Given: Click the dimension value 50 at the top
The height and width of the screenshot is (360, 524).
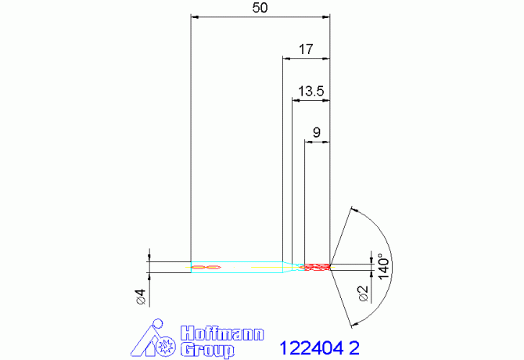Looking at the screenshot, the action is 260,8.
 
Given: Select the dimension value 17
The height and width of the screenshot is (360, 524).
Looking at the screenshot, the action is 306,49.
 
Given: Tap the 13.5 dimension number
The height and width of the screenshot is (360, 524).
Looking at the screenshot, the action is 310,91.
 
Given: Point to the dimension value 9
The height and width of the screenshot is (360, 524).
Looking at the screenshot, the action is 316,132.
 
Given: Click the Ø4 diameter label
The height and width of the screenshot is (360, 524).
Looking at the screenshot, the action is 141,297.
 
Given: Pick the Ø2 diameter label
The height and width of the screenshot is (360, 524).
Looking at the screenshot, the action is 363,293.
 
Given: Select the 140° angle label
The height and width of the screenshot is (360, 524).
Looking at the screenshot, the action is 384,266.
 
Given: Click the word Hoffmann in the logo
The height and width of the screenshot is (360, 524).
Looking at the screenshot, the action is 222,333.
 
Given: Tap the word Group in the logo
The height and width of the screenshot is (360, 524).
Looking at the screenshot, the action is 207,350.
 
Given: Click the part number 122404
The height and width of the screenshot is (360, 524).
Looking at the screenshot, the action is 311,348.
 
